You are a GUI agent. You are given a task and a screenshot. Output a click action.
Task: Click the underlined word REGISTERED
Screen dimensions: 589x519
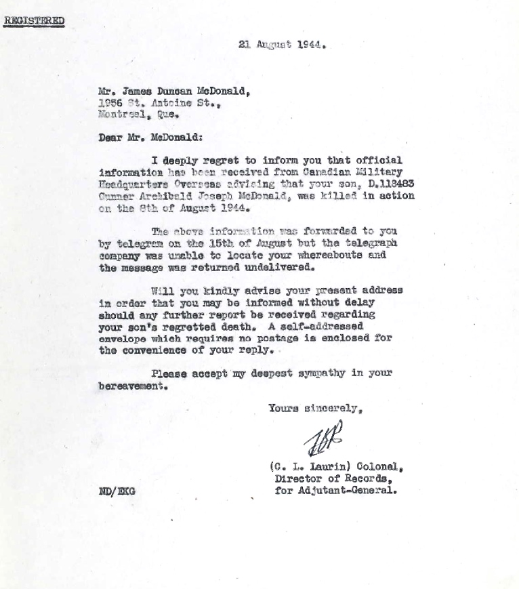34,20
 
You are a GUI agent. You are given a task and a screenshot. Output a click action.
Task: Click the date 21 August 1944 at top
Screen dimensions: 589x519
283,45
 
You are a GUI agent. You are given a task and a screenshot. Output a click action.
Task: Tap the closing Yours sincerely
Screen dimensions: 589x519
318,408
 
